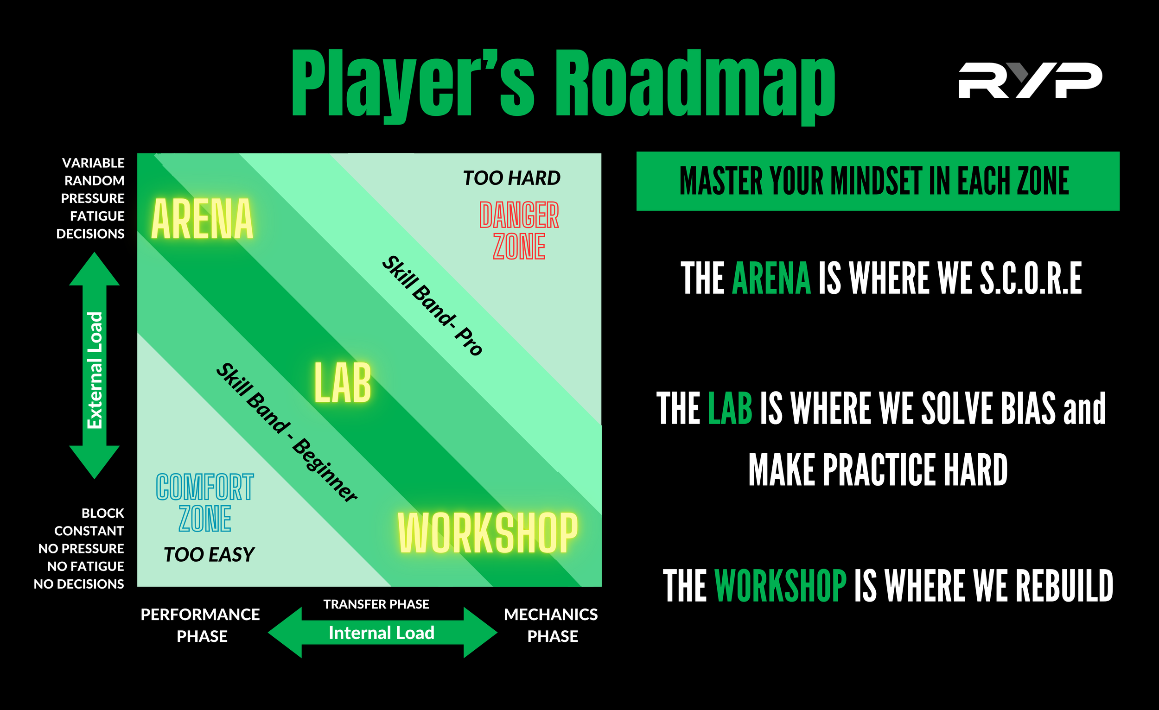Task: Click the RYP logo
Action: (1030, 80)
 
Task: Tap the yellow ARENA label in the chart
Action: (202, 219)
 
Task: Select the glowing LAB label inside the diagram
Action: (343, 383)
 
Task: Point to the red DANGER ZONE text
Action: (519, 230)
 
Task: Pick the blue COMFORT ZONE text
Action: (204, 503)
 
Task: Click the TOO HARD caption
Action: (511, 178)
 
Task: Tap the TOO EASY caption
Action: (209, 555)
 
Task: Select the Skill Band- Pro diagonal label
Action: (432, 305)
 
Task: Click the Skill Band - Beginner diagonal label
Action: (287, 432)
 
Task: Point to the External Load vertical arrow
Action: (95, 366)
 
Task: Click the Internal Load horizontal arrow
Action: (382, 633)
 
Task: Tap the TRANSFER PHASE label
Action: (376, 604)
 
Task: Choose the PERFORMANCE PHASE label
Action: (200, 625)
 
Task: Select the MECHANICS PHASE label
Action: (551, 625)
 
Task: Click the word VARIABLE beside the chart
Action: (93, 163)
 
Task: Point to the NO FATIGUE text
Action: (86, 566)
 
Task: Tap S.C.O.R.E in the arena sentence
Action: (1031, 279)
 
